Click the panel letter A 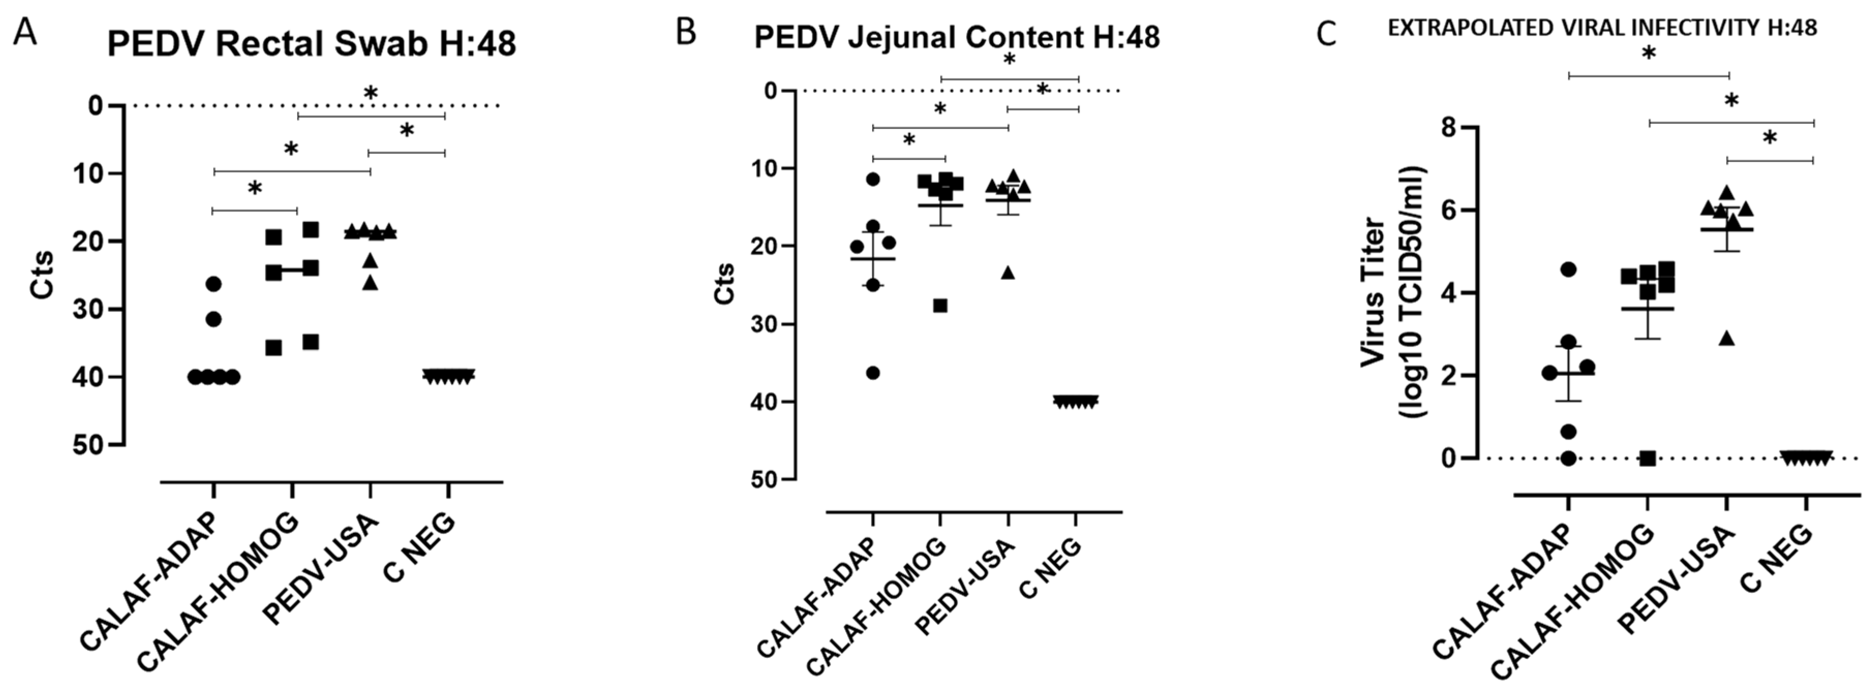tap(25, 33)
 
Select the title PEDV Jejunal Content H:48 tap(956, 37)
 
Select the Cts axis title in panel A tap(42, 275)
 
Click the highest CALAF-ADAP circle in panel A tap(213, 283)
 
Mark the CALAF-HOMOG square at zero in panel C tap(1648, 458)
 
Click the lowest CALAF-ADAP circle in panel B tap(873, 373)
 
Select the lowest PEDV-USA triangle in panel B tap(1008, 273)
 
